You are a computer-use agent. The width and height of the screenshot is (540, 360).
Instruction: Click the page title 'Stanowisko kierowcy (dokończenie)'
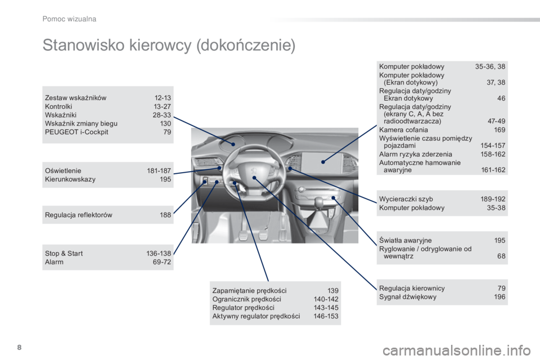169,46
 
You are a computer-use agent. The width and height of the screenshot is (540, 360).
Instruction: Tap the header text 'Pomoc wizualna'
69,19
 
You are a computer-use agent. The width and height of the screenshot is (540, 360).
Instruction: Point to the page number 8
19,347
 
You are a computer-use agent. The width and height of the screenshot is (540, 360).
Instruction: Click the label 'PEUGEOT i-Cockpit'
76,132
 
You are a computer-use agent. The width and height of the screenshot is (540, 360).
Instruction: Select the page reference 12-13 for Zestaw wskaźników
163,98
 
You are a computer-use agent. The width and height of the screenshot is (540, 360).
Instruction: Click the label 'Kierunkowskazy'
70,179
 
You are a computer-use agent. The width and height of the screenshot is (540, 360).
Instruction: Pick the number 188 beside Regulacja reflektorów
165,215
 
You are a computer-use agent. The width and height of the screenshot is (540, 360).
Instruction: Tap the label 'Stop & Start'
64,254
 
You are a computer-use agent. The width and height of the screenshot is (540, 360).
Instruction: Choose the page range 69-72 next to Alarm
162,262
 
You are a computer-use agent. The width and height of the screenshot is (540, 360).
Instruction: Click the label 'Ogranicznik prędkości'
246,299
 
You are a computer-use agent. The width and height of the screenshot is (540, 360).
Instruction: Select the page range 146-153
326,316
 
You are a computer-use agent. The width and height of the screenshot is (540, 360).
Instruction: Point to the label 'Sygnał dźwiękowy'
408,297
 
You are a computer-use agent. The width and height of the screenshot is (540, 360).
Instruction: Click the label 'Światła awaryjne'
406,240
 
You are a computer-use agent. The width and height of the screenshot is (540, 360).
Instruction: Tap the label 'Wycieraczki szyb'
406,199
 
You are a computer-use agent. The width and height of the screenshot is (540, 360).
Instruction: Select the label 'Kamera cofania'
403,130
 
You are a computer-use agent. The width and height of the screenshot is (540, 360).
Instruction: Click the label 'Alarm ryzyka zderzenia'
416,154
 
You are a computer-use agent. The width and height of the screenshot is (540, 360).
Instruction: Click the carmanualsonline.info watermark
457,350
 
